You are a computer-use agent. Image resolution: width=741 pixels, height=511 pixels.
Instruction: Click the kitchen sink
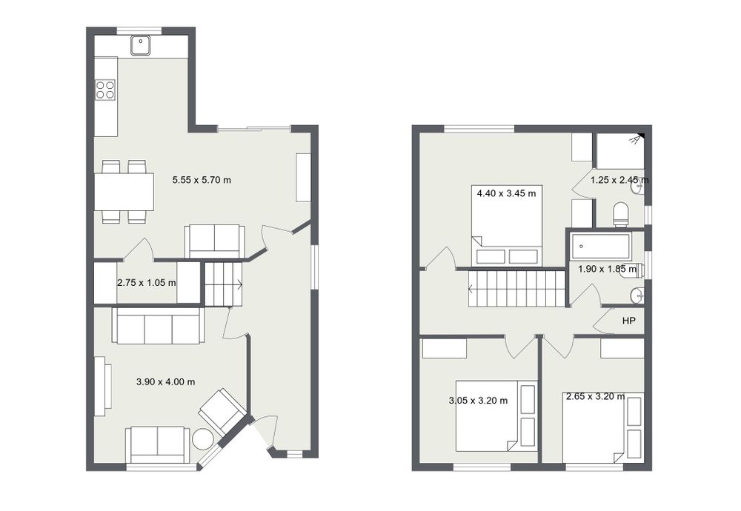[x=140, y=45]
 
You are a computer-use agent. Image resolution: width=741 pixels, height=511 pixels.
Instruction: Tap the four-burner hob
[x=105, y=90]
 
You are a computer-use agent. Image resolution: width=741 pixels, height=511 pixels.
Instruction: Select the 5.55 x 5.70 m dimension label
[x=202, y=180]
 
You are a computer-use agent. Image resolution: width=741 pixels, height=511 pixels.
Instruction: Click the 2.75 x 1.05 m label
[x=147, y=283]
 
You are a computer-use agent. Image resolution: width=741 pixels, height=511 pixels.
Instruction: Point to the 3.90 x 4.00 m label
[x=165, y=381]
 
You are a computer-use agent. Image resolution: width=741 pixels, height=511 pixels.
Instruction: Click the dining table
[x=124, y=192]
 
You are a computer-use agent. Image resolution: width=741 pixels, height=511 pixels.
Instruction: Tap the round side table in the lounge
[x=203, y=438]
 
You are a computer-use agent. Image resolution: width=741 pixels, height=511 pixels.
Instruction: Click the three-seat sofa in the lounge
[x=158, y=325]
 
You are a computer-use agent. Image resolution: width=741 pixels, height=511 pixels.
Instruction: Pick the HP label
[x=628, y=321]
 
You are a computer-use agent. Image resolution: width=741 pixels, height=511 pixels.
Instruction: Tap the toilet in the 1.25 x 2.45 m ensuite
[x=620, y=215]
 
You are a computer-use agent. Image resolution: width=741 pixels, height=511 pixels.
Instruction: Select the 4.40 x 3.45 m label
[x=507, y=193]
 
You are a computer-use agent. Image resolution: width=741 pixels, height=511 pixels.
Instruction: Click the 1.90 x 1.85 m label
[x=608, y=269]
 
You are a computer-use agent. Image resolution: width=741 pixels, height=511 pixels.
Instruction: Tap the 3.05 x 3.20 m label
[x=478, y=401]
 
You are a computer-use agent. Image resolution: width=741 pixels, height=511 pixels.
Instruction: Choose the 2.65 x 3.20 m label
[x=596, y=397]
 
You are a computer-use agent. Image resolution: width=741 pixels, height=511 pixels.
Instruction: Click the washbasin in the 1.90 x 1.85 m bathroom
[x=637, y=295]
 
